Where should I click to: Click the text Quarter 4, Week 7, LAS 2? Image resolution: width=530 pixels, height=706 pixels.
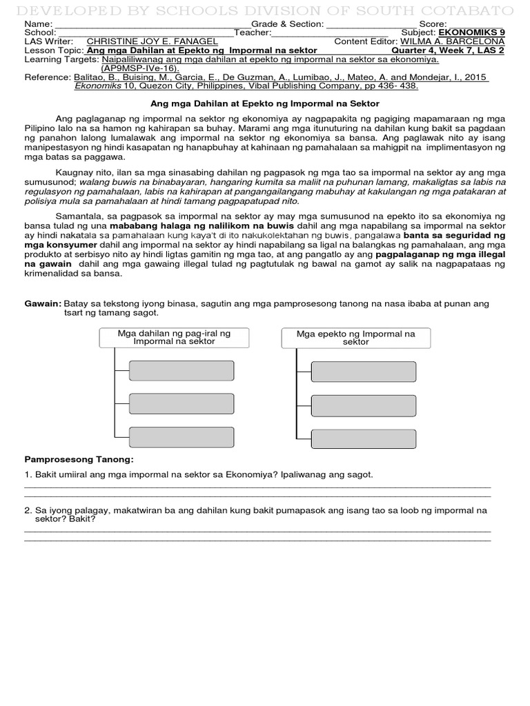pyautogui.click(x=448, y=50)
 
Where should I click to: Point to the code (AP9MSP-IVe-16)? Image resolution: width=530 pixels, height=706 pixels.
pyautogui.click(x=139, y=68)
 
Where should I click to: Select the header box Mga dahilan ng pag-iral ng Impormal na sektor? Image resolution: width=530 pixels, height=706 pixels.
pyautogui.click(x=174, y=337)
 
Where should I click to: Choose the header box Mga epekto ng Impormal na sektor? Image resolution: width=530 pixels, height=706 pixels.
pyautogui.click(x=355, y=337)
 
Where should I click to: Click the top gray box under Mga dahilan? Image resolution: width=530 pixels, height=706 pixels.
pyautogui.click(x=181, y=371)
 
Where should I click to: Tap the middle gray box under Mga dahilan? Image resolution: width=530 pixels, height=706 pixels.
pyautogui.click(x=181, y=403)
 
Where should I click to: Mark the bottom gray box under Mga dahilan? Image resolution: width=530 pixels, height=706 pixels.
pyautogui.click(x=181, y=436)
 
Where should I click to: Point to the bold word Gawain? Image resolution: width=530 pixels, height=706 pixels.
pyautogui.click(x=43, y=303)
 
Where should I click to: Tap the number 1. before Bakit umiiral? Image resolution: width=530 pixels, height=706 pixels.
pyautogui.click(x=28, y=475)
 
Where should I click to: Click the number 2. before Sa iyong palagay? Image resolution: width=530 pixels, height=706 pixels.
pyautogui.click(x=28, y=511)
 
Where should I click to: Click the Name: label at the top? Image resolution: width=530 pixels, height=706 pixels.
pyautogui.click(x=38, y=23)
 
